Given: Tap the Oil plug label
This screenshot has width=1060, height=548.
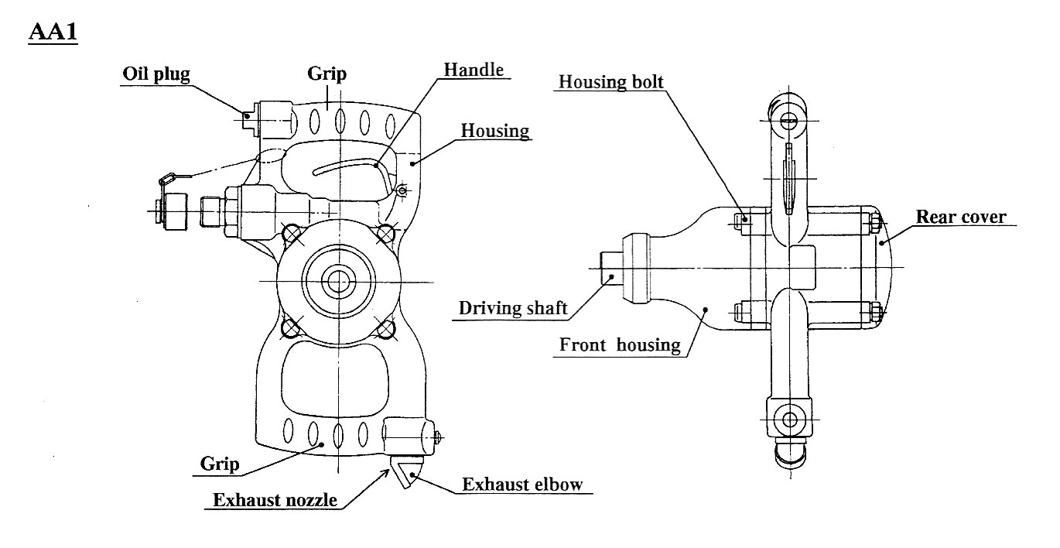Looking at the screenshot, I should tap(156, 74).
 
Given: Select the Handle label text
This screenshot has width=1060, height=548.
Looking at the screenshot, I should tap(473, 69).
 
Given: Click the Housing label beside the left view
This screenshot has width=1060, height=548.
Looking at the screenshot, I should tap(495, 130).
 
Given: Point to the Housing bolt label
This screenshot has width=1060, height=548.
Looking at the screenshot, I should tap(610, 81).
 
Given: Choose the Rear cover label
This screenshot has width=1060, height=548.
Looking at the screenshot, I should tap(961, 216).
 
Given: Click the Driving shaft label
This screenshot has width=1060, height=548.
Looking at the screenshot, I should tap(513, 307).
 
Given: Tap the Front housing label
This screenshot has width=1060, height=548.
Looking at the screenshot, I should tap(621, 344).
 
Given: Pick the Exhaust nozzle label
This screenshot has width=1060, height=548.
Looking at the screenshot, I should tap(275, 499).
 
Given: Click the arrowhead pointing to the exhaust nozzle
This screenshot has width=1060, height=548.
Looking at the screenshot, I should tap(387, 471).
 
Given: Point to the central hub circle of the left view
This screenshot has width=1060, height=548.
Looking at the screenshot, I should tap(338, 281).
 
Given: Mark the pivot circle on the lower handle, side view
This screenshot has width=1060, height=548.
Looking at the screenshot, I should tap(789, 420).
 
